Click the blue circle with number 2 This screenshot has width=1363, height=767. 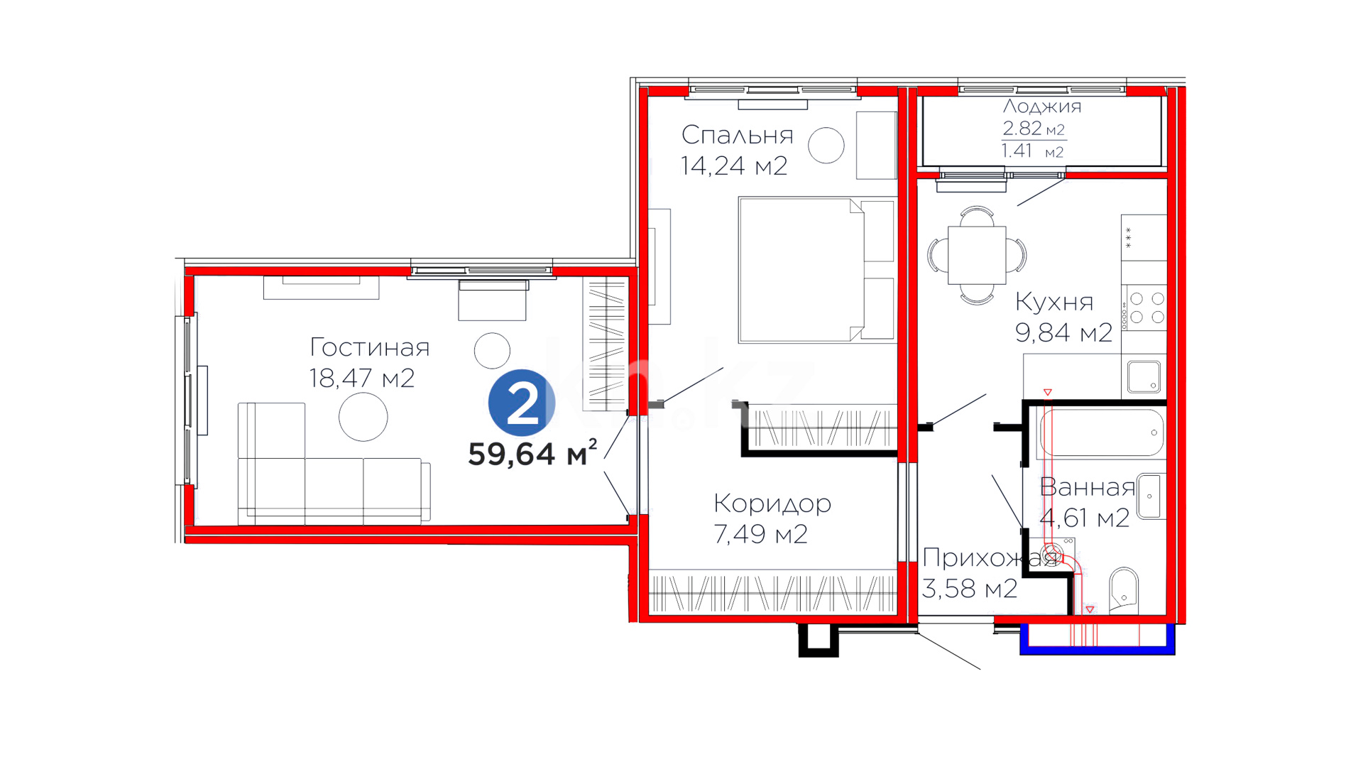click(x=522, y=403)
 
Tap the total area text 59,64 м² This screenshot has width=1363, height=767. click(x=532, y=453)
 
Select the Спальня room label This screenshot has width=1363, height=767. click(x=737, y=135)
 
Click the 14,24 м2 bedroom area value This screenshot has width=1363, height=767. click(x=734, y=166)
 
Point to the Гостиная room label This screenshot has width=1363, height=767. click(x=370, y=347)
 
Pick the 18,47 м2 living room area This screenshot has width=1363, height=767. click(x=362, y=379)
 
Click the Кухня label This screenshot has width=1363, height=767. click(x=1054, y=302)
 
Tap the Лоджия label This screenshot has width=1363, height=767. click(x=1042, y=107)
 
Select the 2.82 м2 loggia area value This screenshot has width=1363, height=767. click(x=1034, y=129)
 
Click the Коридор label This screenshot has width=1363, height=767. click(x=772, y=504)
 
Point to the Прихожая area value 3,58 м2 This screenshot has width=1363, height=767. click(x=970, y=589)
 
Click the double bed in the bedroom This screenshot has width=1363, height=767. click(x=816, y=270)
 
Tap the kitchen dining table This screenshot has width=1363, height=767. click(x=977, y=255)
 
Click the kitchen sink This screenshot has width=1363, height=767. click(x=1144, y=376)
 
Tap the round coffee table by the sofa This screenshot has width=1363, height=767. click(x=363, y=417)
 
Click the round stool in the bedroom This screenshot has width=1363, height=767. click(x=826, y=146)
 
